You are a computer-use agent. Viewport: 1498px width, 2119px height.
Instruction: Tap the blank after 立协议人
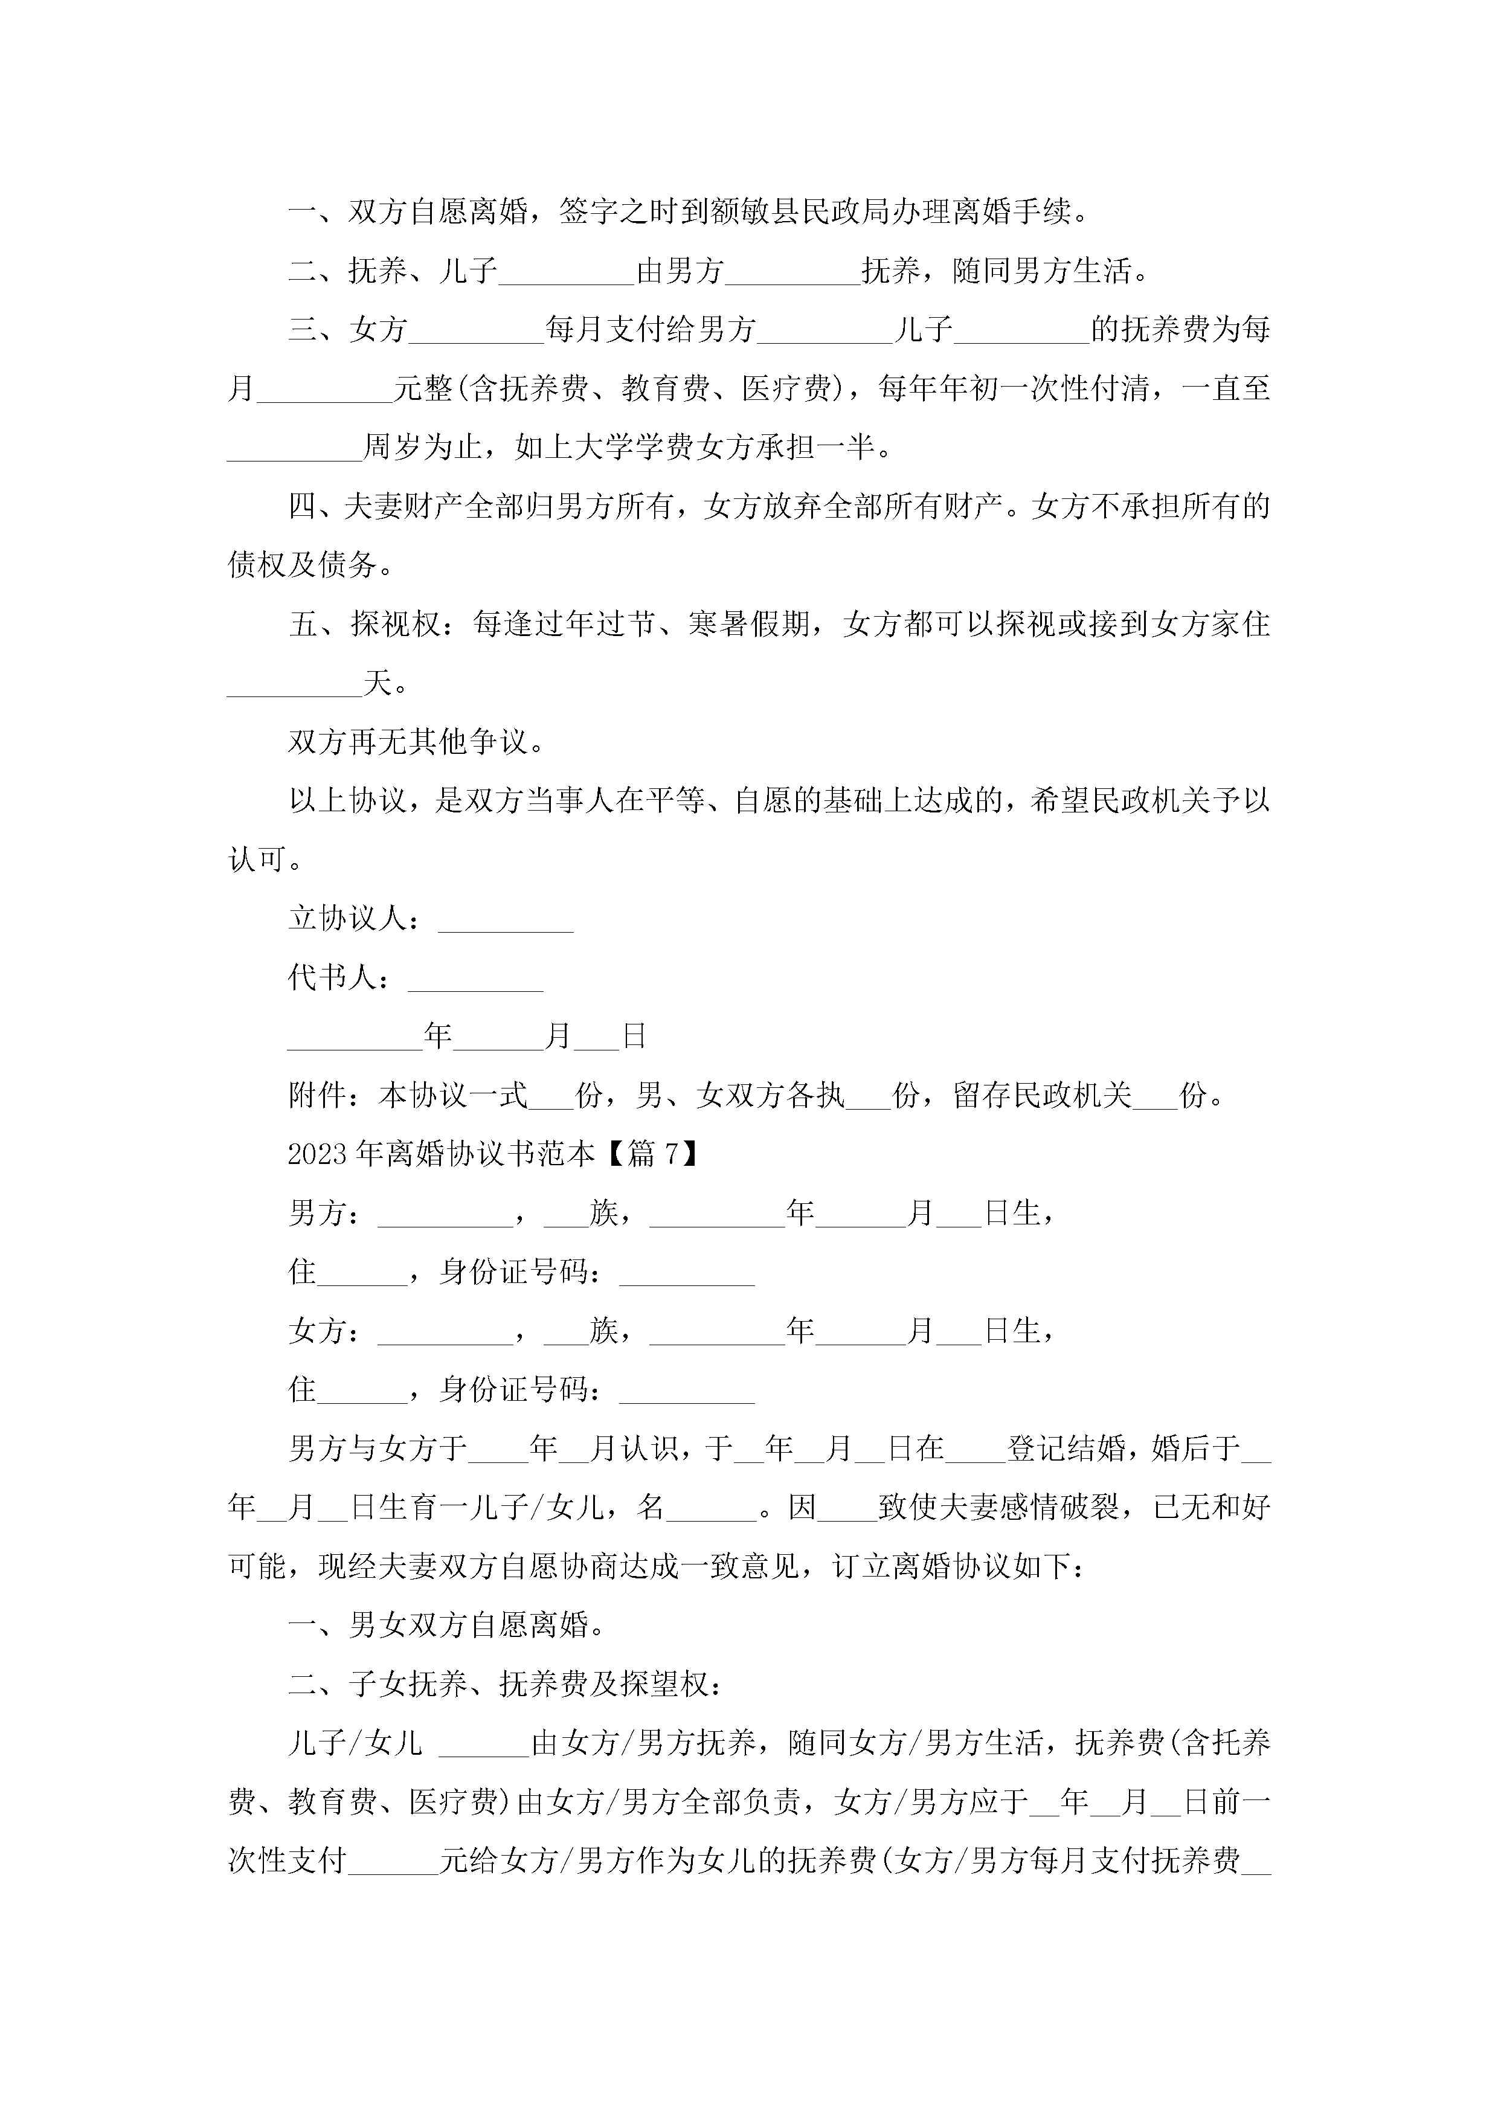pyautogui.click(x=506, y=919)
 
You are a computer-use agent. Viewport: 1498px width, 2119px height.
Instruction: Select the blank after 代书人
pyautogui.click(x=475, y=979)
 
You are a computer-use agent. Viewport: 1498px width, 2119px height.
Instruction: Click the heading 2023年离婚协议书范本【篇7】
pyautogui.click(x=493, y=1154)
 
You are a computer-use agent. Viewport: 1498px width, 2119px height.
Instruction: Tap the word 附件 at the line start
pyautogui.click(x=318, y=1096)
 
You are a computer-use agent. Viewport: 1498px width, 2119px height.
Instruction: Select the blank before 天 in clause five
pyautogui.click(x=294, y=684)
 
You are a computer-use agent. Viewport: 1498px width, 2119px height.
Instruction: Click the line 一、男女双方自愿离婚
pyautogui.click(x=447, y=1625)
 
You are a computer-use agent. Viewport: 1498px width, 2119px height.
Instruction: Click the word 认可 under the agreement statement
pyautogui.click(x=257, y=860)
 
